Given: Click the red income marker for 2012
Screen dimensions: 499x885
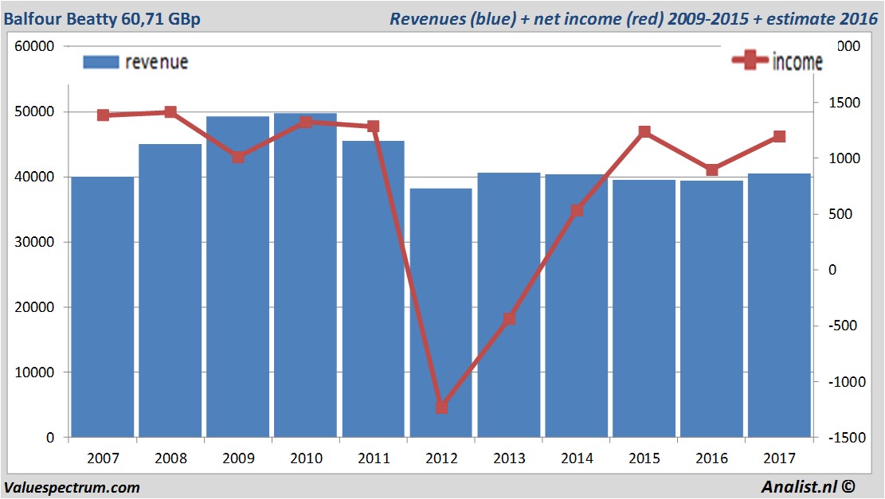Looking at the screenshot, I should pyautogui.click(x=442, y=407).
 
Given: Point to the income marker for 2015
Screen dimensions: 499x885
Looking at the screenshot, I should pyautogui.click(x=644, y=132).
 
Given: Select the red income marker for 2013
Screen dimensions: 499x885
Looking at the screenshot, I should pyautogui.click(x=510, y=318).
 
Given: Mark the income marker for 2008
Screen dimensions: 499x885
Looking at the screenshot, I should pyautogui.click(x=170, y=112).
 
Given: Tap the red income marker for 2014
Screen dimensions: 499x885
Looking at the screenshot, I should pyautogui.click(x=577, y=211).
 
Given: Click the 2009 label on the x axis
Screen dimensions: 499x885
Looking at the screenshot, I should pyautogui.click(x=238, y=458).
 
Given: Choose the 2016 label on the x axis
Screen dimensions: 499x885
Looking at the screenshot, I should pyautogui.click(x=712, y=458).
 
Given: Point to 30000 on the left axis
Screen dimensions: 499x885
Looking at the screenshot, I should pyautogui.click(x=35, y=242).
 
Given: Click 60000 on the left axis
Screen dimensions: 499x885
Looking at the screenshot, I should pyautogui.click(x=35, y=46).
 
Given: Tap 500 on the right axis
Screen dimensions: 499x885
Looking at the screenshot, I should pyautogui.click(x=842, y=214).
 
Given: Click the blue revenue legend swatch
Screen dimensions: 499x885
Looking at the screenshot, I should pyautogui.click(x=100, y=62).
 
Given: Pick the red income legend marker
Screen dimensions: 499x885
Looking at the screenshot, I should pyautogui.click(x=750, y=60).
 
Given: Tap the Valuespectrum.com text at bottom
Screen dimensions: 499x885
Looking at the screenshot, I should pyautogui.click(x=72, y=487).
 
